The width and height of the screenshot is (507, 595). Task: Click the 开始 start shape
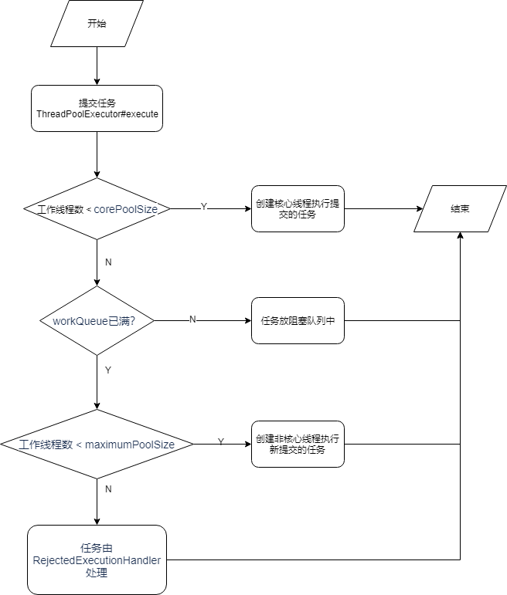click(x=97, y=23)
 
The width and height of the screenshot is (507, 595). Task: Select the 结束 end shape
click(x=460, y=208)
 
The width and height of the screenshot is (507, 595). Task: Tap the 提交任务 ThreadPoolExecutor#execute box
click(x=97, y=108)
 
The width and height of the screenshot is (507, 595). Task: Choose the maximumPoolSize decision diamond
click(x=97, y=444)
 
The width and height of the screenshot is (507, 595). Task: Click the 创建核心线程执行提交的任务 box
click(x=298, y=208)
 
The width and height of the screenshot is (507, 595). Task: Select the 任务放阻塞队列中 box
click(x=298, y=320)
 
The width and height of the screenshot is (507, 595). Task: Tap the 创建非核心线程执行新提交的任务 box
click(x=298, y=444)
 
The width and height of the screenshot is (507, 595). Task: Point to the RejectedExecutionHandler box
click(x=97, y=560)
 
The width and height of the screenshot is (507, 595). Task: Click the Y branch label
click(x=204, y=207)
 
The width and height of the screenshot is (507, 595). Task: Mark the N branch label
click(x=192, y=319)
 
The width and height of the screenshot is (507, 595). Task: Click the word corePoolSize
click(x=125, y=209)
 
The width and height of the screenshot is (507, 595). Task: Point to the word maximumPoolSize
click(x=130, y=445)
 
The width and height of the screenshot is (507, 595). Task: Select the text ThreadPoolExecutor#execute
click(x=97, y=114)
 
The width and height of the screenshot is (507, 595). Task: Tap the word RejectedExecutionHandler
click(x=97, y=561)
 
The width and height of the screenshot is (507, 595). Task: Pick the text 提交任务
click(x=97, y=103)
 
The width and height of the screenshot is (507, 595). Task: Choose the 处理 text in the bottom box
click(x=97, y=573)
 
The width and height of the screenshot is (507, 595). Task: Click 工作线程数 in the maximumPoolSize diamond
click(x=46, y=445)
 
